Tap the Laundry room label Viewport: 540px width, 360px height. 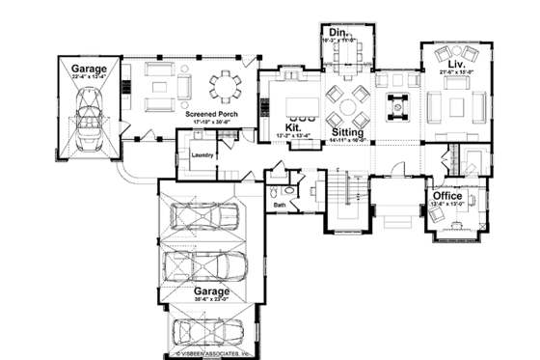click(202, 154)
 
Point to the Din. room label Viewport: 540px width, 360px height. click(337, 33)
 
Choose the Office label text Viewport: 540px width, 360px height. click(447, 196)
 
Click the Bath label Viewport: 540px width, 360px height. click(280, 205)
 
